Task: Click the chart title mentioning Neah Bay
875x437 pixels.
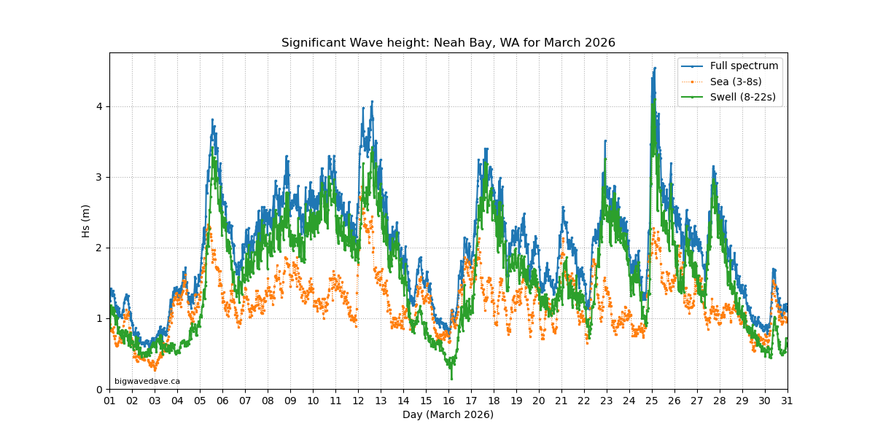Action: point(448,43)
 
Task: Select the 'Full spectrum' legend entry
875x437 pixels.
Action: point(744,66)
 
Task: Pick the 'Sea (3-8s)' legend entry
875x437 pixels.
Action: point(736,82)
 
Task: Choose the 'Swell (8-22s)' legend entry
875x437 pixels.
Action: point(742,97)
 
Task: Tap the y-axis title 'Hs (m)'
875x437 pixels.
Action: point(86,221)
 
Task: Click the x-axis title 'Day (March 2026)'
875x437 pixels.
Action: point(448,414)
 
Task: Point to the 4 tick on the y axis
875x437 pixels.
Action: point(100,106)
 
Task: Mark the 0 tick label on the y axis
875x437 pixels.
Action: point(100,389)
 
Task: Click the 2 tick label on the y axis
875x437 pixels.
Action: point(100,248)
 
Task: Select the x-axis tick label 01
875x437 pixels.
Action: point(109,401)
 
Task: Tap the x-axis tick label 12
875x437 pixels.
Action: point(358,401)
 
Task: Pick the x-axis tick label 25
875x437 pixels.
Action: point(652,401)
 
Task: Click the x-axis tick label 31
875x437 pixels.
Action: point(787,401)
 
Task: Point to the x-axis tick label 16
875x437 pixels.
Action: point(448,401)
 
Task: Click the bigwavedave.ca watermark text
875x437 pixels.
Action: point(147,381)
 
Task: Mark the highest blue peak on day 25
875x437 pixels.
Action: point(655,68)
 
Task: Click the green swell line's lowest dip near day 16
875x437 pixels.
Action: point(451,378)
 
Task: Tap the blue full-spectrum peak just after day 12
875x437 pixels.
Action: point(372,102)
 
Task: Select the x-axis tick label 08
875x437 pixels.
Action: point(268,401)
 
